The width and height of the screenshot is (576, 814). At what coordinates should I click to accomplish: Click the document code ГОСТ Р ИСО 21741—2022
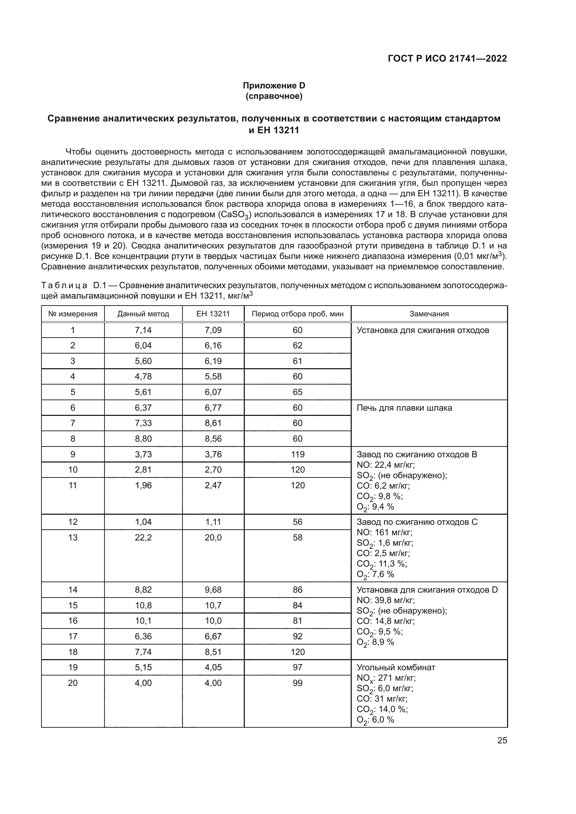pos(447,58)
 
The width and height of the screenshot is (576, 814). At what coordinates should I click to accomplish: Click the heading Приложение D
pos(274,86)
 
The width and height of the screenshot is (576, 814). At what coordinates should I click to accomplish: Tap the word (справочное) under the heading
pos(274,96)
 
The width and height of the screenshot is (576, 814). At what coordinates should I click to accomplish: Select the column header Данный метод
pos(143,314)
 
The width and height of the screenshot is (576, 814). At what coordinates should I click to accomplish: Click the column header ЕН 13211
pos(213,314)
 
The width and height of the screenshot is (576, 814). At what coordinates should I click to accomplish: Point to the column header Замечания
pos(429,314)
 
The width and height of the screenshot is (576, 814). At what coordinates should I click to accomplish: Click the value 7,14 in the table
pos(143,330)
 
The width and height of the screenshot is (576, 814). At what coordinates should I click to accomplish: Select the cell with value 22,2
pos(143,537)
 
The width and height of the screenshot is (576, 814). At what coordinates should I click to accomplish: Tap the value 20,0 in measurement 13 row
pos(213,537)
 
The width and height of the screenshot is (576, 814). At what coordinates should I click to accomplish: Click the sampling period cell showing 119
pos(297,454)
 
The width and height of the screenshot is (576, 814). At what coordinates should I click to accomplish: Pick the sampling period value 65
pos(297,392)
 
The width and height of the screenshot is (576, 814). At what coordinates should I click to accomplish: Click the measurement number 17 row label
pos(73,636)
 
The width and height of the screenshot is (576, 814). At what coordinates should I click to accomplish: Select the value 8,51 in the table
pos(213,651)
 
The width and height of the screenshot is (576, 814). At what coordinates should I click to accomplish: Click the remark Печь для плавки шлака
pos(404,408)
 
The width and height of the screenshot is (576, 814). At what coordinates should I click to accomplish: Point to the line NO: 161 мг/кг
pos(384,532)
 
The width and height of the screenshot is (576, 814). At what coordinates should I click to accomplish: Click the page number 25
pos(502,740)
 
